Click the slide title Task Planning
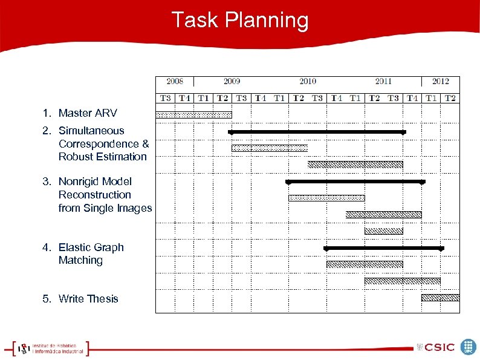pyautogui.click(x=240, y=20)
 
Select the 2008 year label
pyautogui.click(x=175, y=82)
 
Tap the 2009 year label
pyautogui.click(x=232, y=82)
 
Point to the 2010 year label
pyautogui.click(x=307, y=82)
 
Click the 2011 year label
pyautogui.click(x=383, y=82)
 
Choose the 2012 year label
pyautogui.click(x=440, y=82)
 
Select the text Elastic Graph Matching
pyautogui.click(x=91, y=254)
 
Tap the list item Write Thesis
pyautogui.click(x=88, y=299)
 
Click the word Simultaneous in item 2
pyautogui.click(x=91, y=131)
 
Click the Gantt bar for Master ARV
pyautogui.click(x=193, y=115)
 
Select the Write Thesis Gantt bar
pyautogui.click(x=440, y=297)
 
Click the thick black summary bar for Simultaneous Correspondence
pyautogui.click(x=317, y=131)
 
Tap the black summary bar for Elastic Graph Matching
pyautogui.click(x=384, y=248)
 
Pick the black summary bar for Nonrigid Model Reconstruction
pyautogui.click(x=355, y=182)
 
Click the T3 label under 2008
pyautogui.click(x=166, y=98)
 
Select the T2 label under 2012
pyautogui.click(x=450, y=98)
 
